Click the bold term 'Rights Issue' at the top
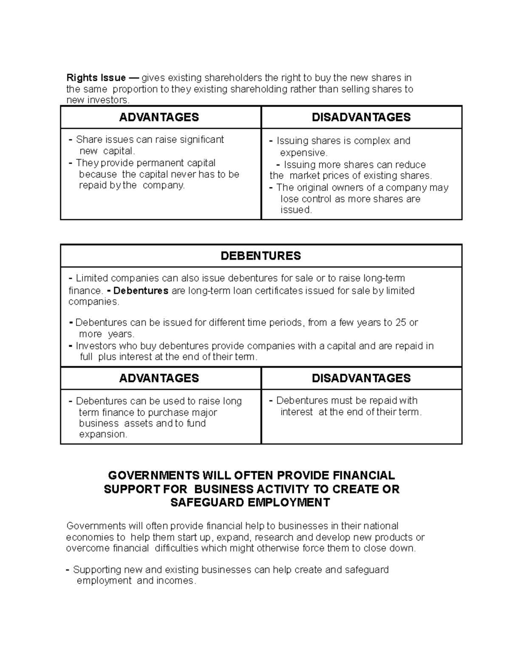point(96,78)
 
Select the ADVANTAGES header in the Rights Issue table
point(159,117)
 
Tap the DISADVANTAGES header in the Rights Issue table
point(361,117)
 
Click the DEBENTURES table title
point(261,256)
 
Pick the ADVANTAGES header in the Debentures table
point(159,378)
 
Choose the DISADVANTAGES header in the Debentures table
point(361,378)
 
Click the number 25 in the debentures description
point(400,323)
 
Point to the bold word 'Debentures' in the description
point(141,291)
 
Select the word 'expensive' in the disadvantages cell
point(303,153)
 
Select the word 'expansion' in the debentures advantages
point(102,434)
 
